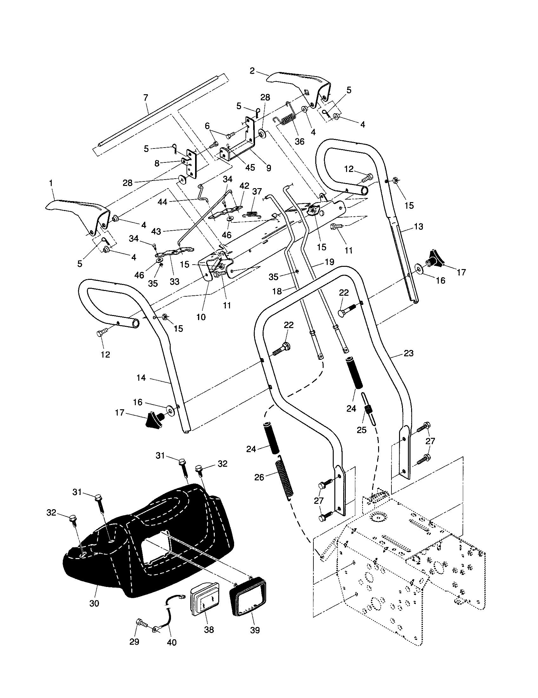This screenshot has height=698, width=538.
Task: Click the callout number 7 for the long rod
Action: tap(146, 98)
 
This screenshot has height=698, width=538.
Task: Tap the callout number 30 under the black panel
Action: tap(95, 603)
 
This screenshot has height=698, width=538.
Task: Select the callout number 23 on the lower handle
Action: tap(409, 353)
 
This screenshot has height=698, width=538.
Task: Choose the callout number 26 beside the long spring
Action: tap(259, 477)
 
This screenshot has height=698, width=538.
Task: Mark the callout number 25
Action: tap(361, 430)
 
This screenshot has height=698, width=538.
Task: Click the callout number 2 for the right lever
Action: tap(252, 71)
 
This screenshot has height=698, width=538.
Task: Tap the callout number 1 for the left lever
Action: tap(51, 183)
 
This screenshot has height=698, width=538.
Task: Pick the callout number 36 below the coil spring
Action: tap(299, 141)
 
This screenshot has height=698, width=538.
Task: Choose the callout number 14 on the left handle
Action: tap(141, 378)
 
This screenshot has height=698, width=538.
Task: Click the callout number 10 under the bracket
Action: tap(201, 317)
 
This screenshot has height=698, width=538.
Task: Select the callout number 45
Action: tap(250, 168)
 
